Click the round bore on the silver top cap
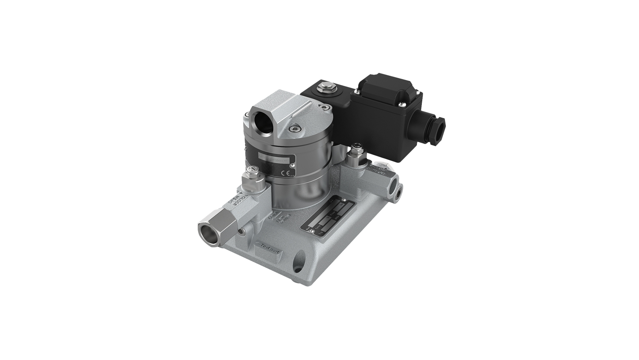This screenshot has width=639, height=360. [x=263, y=122]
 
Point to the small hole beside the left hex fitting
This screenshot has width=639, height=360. [x=241, y=232]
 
